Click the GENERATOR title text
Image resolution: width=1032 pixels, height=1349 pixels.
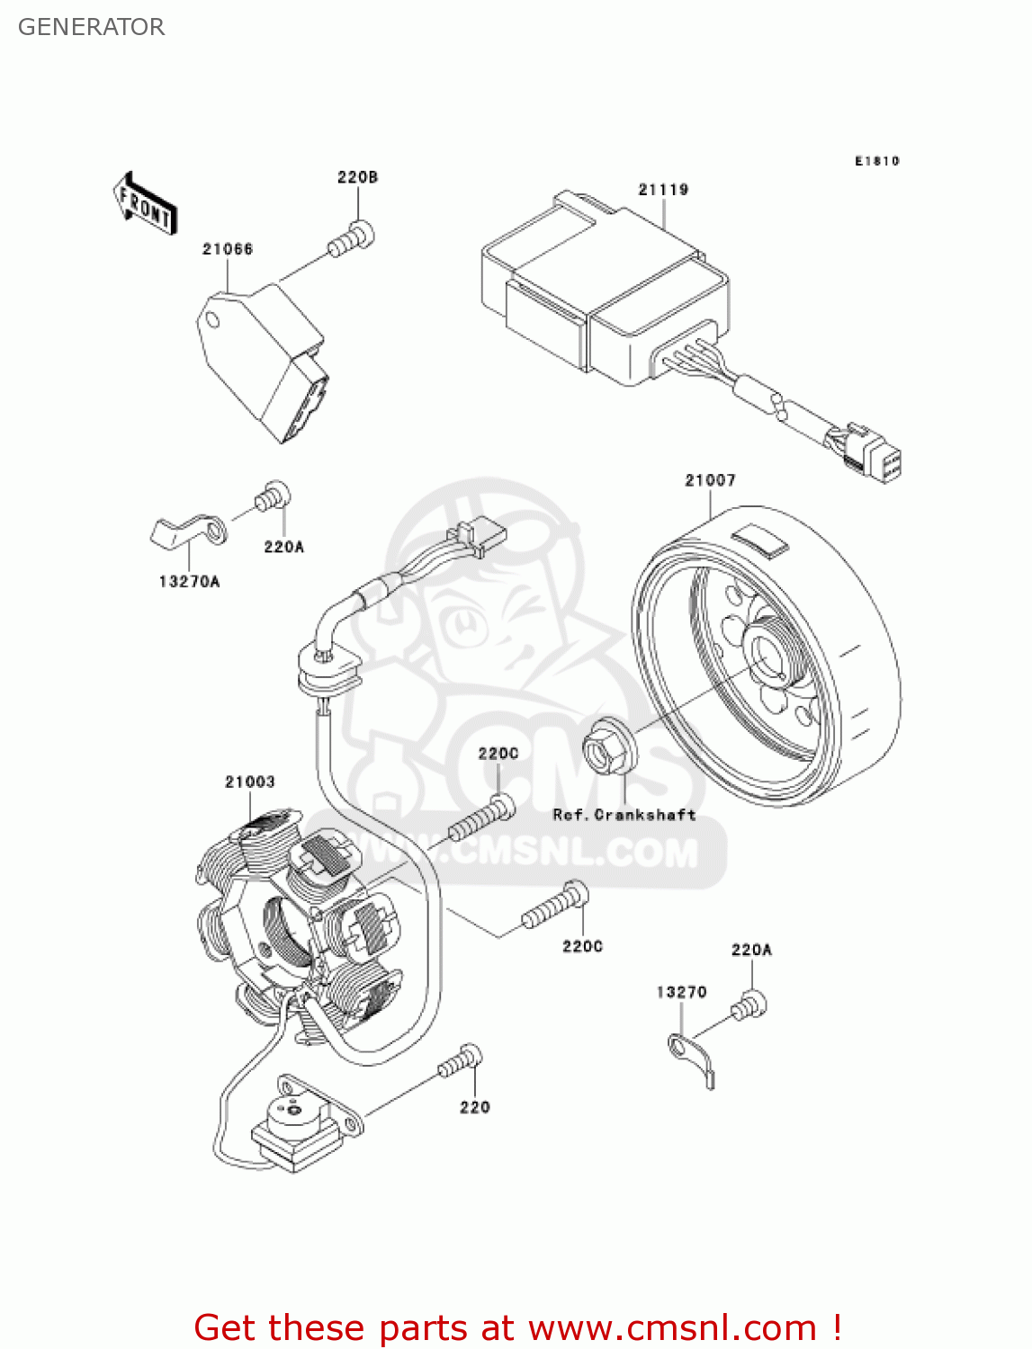pos(91,27)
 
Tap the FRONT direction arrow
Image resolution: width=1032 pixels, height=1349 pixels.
pos(145,203)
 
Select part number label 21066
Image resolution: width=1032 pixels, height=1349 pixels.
pos(228,249)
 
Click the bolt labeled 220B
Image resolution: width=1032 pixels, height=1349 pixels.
pos(352,238)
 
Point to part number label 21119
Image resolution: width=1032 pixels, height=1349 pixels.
pos(663,190)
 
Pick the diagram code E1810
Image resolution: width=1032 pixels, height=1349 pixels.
pos(876,161)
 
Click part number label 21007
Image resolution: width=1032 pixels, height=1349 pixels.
pos(710,480)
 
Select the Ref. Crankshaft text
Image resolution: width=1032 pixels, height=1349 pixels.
pos(624,815)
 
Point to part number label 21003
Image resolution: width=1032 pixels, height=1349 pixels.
pos(250,782)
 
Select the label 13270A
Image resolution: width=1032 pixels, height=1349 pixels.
pos(189,582)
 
